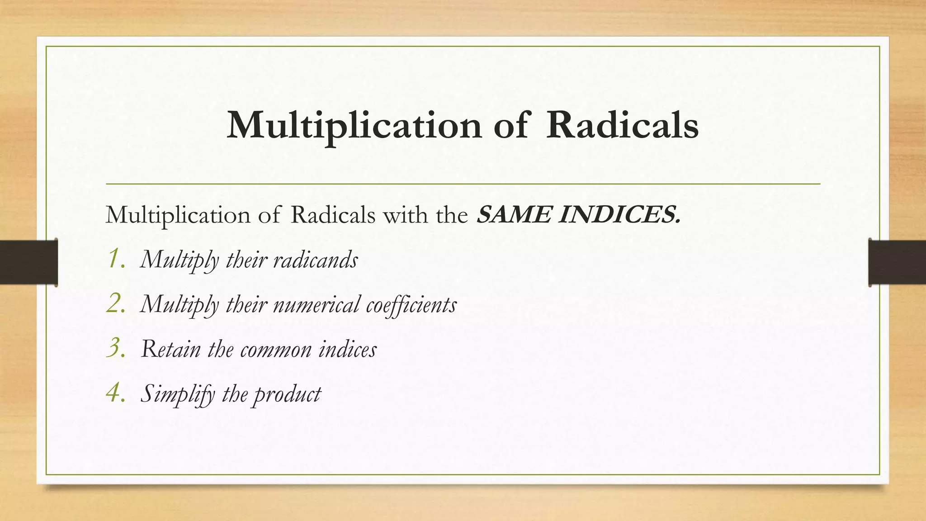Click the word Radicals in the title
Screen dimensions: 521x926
(x=622, y=125)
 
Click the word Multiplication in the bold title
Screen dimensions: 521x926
(x=354, y=126)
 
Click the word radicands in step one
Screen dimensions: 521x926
(x=316, y=260)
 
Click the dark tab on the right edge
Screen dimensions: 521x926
(x=897, y=262)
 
